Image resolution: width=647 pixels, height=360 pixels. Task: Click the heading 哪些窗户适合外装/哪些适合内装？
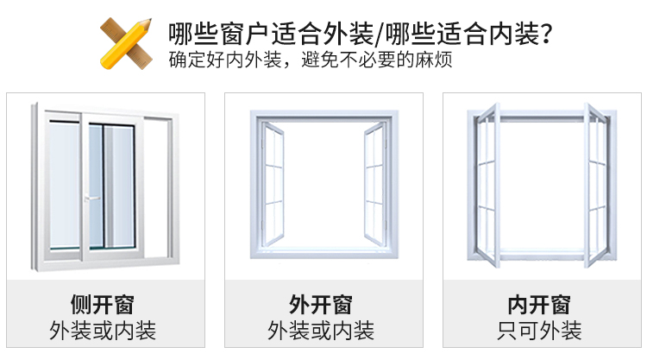tap(361, 34)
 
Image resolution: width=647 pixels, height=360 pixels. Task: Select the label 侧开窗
tap(103, 305)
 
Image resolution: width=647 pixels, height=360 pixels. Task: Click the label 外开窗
tap(321, 305)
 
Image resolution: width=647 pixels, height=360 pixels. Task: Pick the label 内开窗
tap(539, 305)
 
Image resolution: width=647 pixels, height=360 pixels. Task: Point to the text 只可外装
tap(539, 330)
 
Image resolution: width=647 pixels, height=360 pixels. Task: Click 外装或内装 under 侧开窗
tap(103, 330)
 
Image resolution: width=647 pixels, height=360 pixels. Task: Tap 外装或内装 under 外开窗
tap(321, 330)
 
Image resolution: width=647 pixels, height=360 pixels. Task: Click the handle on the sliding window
tap(88, 199)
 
